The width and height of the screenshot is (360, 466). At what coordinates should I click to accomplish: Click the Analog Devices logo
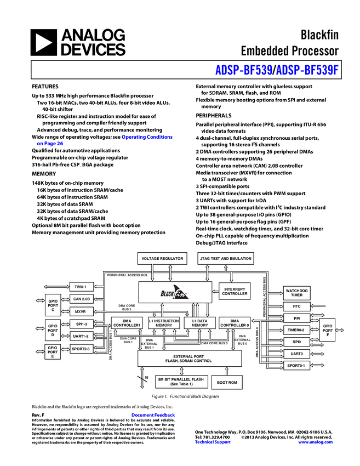click(78, 43)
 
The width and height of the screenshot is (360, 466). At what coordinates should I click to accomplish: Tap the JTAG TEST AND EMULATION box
click(225, 258)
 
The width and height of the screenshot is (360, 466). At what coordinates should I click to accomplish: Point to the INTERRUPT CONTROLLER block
click(235, 291)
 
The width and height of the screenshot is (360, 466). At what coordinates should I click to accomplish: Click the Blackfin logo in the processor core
click(175, 293)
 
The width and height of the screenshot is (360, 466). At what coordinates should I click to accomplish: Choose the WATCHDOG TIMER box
click(296, 293)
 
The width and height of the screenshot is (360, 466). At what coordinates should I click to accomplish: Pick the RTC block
click(296, 306)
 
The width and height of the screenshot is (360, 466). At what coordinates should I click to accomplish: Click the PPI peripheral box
click(296, 318)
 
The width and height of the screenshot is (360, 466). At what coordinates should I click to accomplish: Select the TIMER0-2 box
click(296, 330)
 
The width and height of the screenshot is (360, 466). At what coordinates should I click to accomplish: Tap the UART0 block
click(296, 354)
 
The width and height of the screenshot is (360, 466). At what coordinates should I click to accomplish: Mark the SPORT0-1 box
click(296, 366)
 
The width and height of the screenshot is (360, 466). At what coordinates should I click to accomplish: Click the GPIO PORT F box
click(328, 330)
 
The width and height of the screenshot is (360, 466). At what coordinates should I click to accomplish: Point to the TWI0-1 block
click(81, 287)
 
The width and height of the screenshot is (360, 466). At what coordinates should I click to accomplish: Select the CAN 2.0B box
click(81, 299)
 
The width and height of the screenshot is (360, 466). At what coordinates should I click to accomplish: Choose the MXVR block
click(81, 311)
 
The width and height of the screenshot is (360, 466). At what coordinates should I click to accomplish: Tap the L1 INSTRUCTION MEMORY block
click(164, 323)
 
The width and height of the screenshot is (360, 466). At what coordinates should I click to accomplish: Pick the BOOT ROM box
click(227, 382)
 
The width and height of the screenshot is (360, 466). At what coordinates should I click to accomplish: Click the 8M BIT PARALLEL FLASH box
click(181, 382)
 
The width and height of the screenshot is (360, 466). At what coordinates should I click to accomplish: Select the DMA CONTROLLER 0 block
click(235, 323)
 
